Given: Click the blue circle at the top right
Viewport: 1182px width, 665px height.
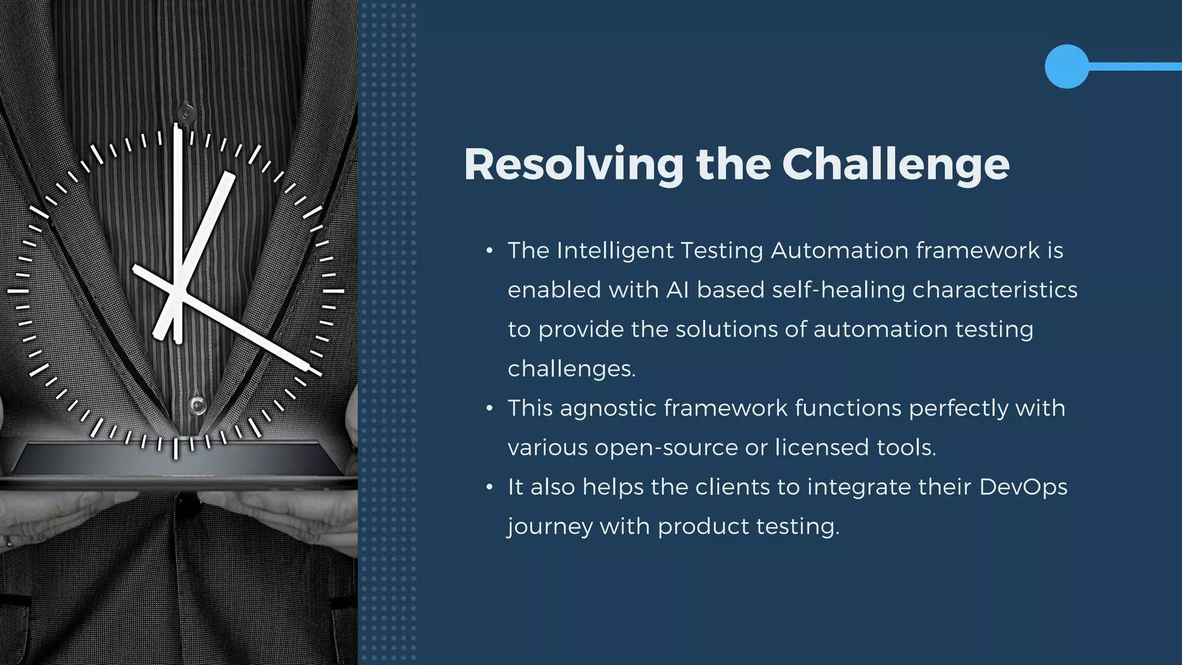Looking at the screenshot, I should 1067,66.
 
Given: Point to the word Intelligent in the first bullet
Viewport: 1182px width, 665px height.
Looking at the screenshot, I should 615,251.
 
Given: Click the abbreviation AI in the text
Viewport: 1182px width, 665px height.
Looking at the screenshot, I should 678,290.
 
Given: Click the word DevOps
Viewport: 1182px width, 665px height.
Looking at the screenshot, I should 1023,487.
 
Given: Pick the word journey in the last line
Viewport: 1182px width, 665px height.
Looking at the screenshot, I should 550,526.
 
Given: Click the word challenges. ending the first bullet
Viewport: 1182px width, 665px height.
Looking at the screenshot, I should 571,369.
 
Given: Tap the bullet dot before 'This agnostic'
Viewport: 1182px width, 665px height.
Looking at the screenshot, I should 489,409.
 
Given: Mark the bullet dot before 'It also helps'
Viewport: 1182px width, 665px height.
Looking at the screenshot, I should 489,487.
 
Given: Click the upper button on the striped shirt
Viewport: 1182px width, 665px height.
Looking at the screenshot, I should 185,111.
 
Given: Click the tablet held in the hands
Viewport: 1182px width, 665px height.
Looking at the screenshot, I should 173,462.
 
